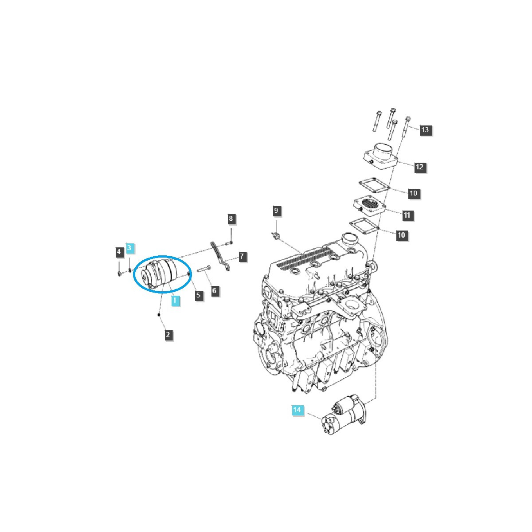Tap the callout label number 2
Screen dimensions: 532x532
168,335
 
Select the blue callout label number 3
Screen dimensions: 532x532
129,248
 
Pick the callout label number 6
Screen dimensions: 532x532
215,291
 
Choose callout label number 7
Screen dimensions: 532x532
242,257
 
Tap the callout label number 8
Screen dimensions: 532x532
231,219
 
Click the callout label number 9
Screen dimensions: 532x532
276,211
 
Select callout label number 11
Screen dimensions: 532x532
407,215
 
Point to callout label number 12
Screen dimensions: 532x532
419,167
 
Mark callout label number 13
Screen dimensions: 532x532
425,130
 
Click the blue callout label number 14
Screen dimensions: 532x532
297,410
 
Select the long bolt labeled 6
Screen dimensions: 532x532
203,269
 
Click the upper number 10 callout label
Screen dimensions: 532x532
413,193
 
